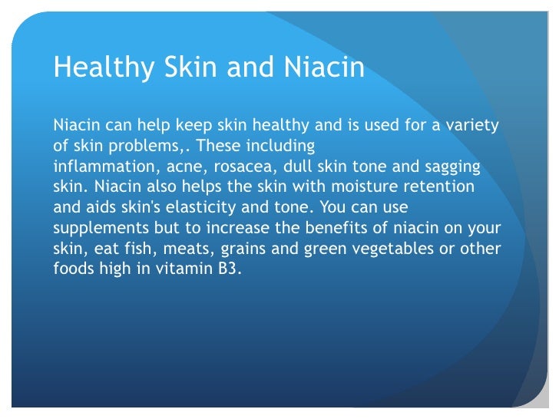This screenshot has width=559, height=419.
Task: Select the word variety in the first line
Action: (471, 125)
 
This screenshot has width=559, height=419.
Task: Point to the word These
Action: (223, 146)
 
